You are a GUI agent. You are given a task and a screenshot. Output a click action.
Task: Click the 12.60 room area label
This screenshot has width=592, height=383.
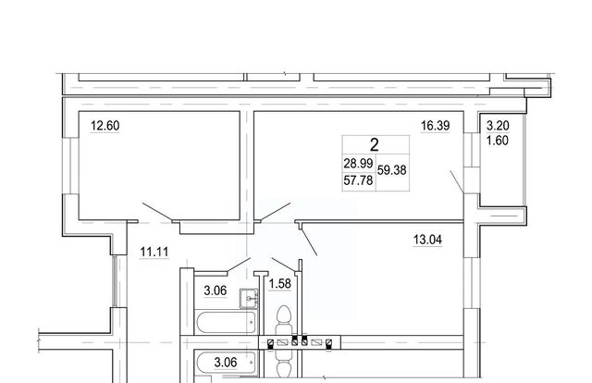tap(105, 126)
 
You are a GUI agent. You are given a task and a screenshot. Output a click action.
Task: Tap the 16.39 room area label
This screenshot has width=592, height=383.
tap(436, 126)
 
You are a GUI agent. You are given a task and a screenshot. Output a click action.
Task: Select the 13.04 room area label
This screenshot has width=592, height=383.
tap(427, 240)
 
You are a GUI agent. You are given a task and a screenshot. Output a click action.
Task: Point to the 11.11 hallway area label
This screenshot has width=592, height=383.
tap(154, 252)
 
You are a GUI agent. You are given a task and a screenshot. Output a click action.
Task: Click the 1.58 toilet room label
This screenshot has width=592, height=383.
tap(279, 283)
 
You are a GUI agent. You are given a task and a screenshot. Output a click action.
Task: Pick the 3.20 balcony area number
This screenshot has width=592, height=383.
tap(498, 126)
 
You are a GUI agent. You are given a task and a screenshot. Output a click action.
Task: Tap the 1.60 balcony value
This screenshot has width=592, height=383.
tap(498, 141)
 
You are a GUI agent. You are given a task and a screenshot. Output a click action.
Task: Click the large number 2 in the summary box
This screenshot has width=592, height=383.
tap(374, 144)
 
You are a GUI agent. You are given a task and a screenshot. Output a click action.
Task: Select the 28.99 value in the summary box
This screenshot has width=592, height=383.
tap(358, 164)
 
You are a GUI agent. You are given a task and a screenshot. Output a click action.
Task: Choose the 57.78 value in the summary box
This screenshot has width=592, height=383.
tap(358, 180)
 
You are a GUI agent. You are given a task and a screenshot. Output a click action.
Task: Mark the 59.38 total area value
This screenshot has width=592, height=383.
tap(392, 170)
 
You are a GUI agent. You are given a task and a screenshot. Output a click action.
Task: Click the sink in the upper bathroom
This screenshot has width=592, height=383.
tap(249, 299)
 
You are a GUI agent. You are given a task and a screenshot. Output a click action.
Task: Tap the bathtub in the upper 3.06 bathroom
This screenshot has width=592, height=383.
tap(226, 322)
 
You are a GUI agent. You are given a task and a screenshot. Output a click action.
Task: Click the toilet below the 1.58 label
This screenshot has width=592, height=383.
tap(284, 321)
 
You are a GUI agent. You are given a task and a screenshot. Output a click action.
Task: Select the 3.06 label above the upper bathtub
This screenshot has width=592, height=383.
tap(216, 290)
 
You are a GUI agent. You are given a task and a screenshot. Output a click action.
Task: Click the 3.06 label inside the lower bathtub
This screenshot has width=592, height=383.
tap(226, 363)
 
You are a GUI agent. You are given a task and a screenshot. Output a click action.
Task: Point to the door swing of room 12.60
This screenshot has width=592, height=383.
tap(157, 212)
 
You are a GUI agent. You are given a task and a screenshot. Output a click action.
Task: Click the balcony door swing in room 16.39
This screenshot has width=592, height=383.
tap(457, 182)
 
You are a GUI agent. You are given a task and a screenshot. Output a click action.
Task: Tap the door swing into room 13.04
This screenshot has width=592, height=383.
tap(308, 242)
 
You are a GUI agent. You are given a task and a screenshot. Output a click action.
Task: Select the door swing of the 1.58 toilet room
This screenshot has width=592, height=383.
tap(284, 265)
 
